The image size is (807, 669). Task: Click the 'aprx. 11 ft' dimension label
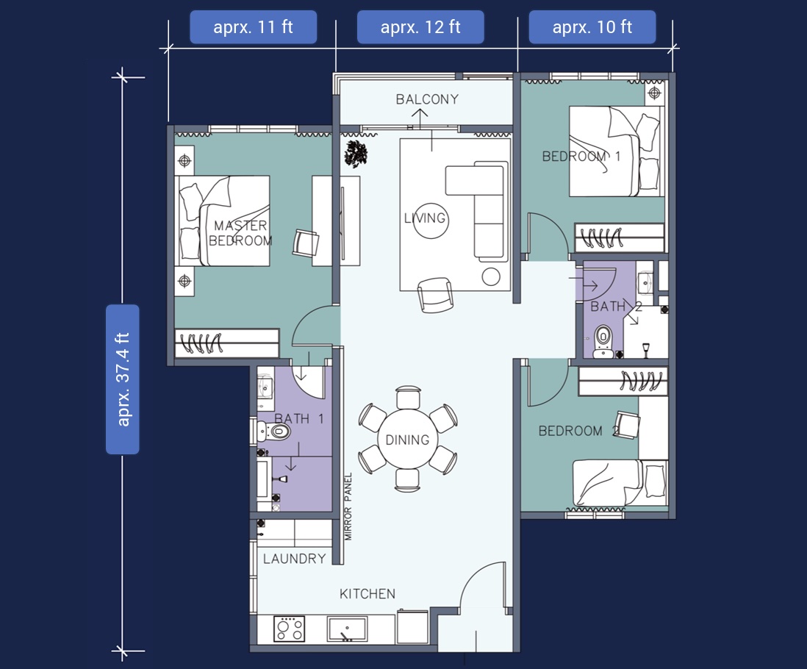pyautogui.click(x=254, y=26)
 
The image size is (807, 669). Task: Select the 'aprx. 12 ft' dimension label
pyautogui.click(x=420, y=26)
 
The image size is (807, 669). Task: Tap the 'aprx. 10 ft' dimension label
pyautogui.click(x=592, y=26)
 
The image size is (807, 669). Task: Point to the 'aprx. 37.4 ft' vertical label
pyautogui.click(x=123, y=379)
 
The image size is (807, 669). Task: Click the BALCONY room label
pyautogui.click(x=427, y=99)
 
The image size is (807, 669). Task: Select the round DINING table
pyautogui.click(x=408, y=439)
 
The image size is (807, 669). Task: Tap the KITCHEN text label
pyautogui.click(x=367, y=594)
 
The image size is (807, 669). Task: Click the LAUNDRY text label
pyautogui.click(x=295, y=559)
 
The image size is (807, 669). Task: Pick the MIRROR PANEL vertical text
pyautogui.click(x=348, y=507)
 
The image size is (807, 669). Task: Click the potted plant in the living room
pyautogui.click(x=356, y=154)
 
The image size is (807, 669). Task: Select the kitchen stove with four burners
pyautogui.click(x=290, y=629)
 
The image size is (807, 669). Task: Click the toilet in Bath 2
pyautogui.click(x=603, y=341)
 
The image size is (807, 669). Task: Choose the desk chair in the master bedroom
pyautogui.click(x=306, y=243)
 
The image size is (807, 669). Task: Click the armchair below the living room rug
pyautogui.click(x=435, y=295)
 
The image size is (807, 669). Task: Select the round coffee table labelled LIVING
pyautogui.click(x=430, y=219)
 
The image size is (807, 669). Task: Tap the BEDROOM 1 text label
pyautogui.click(x=581, y=156)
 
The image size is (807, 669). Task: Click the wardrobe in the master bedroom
pyautogui.click(x=227, y=343)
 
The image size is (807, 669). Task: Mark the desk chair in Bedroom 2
pyautogui.click(x=628, y=425)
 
